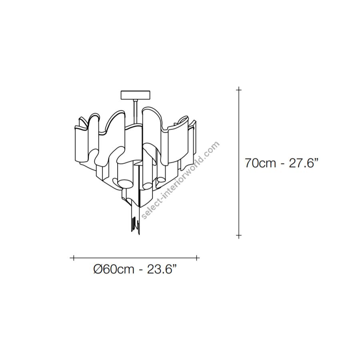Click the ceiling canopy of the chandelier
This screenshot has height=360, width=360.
tap(136, 95)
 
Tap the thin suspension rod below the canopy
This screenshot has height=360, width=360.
tap(134, 112)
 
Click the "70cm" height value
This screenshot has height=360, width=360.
tap(260, 163)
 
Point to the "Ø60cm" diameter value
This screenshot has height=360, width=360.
tap(114, 269)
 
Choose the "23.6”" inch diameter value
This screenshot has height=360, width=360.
tap(162, 269)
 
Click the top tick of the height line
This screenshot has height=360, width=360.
tap(239, 90)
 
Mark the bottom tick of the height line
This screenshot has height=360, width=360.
tap(239, 235)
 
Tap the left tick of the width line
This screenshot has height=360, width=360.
tap(74, 258)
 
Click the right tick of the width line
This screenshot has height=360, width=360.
tap(197, 258)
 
